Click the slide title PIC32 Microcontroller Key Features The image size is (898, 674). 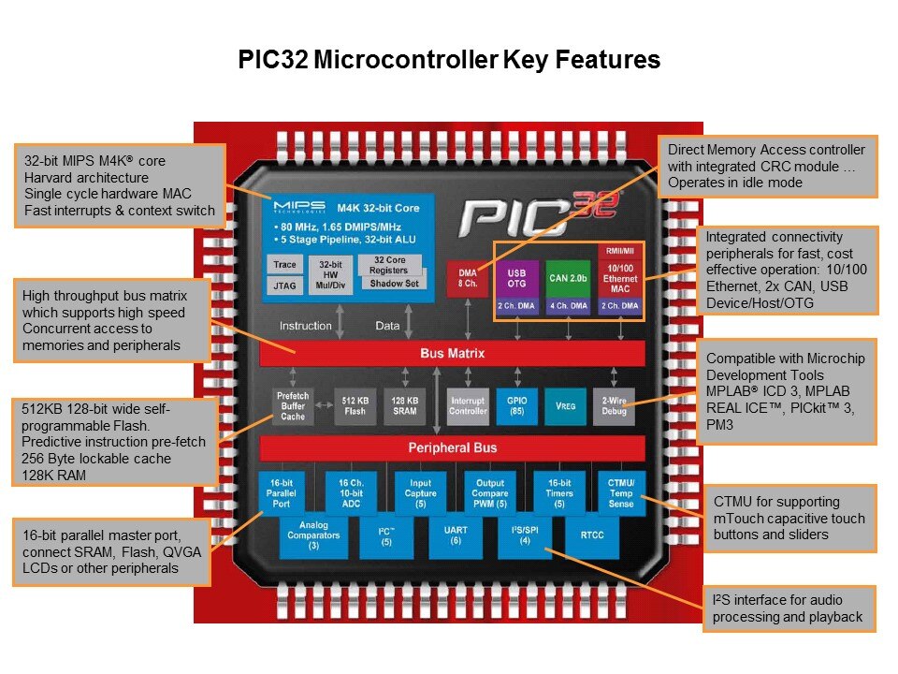pos(448,61)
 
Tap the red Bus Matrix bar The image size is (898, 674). pos(452,354)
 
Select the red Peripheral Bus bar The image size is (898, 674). pos(452,447)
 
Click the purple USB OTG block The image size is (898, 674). pos(516,278)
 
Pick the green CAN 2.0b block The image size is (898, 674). pos(567,278)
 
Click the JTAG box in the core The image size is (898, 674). pos(283,286)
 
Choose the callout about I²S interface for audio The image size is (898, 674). pos(789,608)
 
